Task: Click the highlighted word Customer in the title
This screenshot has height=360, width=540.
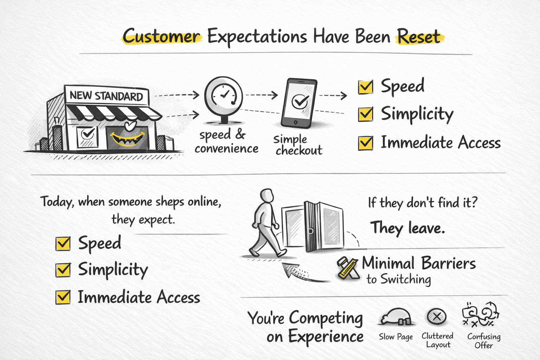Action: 162,36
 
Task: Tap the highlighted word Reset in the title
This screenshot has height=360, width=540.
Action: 419,37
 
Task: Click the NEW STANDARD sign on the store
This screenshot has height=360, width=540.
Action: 106,96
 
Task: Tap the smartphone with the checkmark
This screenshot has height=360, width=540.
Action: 299,103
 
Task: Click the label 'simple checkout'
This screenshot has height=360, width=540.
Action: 298,145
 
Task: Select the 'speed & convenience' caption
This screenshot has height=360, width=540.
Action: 226,142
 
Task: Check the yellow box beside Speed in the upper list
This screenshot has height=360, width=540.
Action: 366,87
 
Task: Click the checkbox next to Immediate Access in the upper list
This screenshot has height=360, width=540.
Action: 366,143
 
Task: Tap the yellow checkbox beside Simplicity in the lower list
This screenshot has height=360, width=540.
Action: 63,270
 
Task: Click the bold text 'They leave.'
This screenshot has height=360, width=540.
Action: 407,227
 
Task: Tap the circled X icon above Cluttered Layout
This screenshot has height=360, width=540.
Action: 437,316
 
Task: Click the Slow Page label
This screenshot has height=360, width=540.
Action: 396,336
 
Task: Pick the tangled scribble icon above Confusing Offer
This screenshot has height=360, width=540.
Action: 480,314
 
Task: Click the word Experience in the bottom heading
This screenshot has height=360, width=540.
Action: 326,336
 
